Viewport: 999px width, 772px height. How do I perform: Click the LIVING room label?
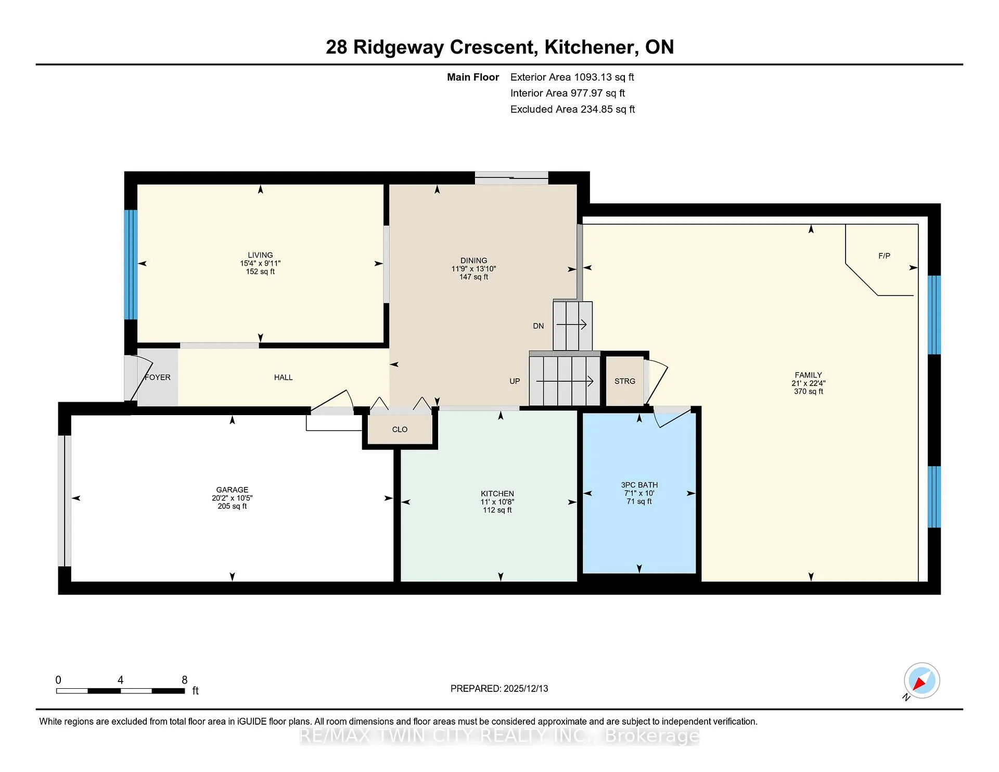(260, 255)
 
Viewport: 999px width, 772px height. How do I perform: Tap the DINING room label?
(473, 260)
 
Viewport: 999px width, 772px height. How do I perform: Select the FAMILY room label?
(808, 375)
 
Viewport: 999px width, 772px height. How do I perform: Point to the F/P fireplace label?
(884, 255)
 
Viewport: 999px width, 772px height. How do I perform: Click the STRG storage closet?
(624, 381)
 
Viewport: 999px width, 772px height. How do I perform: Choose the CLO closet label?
(400, 429)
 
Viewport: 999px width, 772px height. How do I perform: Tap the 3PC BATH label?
(639, 485)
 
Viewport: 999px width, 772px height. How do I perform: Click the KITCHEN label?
(497, 493)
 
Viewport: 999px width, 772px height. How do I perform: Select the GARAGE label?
(232, 490)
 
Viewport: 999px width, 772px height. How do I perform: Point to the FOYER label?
(158, 377)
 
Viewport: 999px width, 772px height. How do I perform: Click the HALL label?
(283, 377)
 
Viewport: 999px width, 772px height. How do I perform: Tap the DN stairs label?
(538, 326)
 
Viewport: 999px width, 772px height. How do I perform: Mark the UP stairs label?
(515, 381)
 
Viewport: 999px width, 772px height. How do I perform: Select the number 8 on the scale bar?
(184, 679)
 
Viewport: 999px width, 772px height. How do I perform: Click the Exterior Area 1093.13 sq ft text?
(572, 77)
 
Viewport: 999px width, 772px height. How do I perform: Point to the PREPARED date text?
(499, 688)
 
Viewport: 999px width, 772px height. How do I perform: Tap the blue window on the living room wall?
(130, 264)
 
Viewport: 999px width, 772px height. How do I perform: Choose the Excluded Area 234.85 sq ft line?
(572, 109)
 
